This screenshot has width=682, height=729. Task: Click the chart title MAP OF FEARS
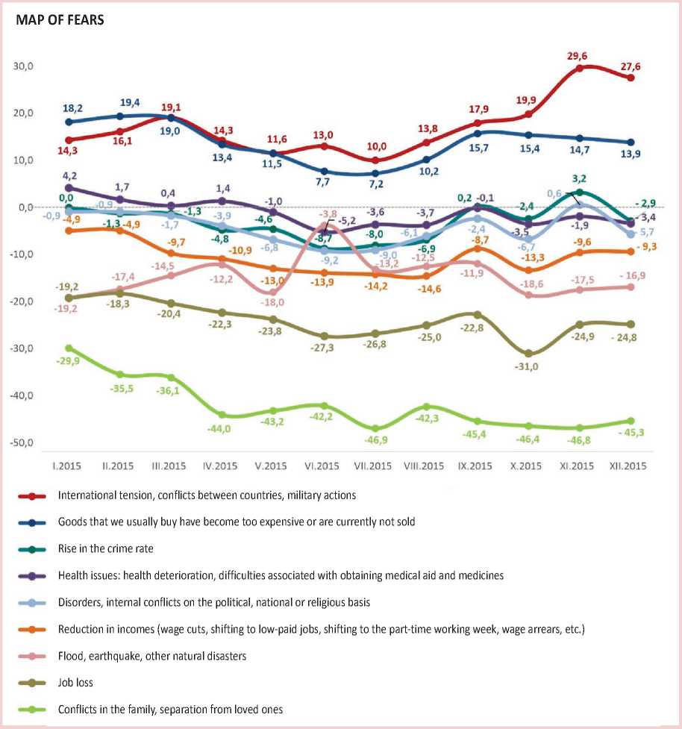pyautogui.click(x=60, y=20)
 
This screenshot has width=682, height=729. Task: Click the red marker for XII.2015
pyautogui.click(x=631, y=78)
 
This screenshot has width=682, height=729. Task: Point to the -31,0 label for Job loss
pyautogui.click(x=527, y=367)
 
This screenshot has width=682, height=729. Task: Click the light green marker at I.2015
pyautogui.click(x=69, y=348)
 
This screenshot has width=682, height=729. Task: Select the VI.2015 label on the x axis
pyautogui.click(x=322, y=466)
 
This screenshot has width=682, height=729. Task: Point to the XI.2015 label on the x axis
pyautogui.click(x=578, y=466)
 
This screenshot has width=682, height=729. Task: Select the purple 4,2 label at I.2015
pyautogui.click(x=69, y=176)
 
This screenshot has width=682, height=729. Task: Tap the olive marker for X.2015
pyautogui.click(x=528, y=353)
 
